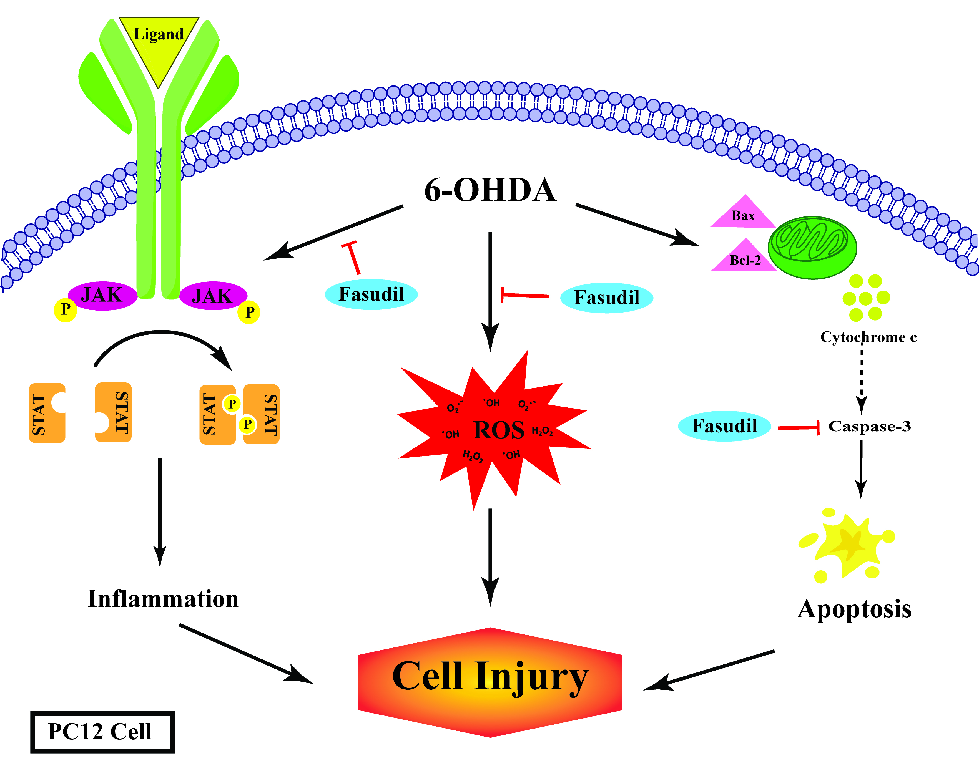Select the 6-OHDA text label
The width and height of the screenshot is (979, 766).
(x=490, y=190)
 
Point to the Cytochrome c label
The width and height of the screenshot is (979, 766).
(x=868, y=337)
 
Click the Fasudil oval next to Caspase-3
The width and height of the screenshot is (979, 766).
(x=724, y=426)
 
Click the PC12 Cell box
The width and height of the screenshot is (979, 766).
(x=102, y=732)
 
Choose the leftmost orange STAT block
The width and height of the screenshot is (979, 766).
(x=47, y=413)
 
